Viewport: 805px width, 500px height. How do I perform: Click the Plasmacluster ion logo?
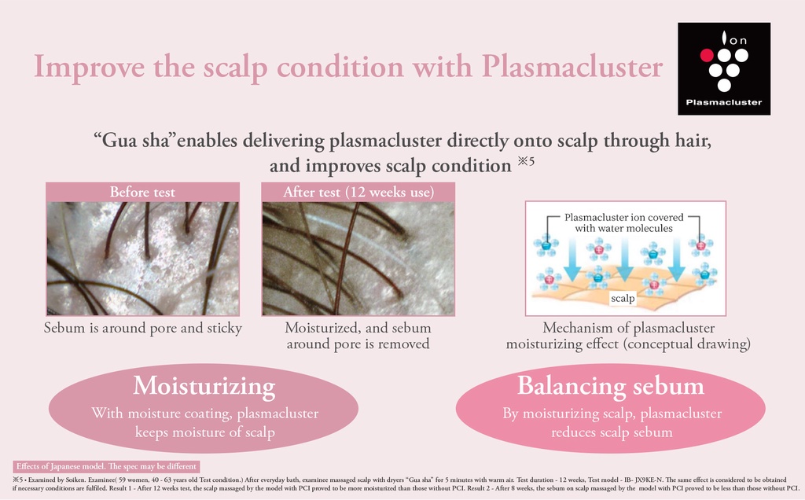point(724,68)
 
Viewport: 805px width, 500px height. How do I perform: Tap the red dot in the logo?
point(707,55)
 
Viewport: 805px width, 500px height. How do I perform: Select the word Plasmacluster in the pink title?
point(572,66)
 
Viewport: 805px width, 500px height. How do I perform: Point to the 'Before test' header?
point(142,192)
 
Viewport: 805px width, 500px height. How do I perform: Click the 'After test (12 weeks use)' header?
point(358,192)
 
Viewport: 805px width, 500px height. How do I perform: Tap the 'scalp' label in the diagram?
point(623,298)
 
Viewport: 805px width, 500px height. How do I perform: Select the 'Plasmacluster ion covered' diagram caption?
point(623,217)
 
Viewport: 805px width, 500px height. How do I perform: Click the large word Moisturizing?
point(204,385)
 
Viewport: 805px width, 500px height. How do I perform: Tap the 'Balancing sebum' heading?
point(610,385)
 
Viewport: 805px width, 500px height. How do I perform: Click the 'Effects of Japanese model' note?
point(106,467)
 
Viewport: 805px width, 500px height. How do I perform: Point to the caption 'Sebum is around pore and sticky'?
point(143,328)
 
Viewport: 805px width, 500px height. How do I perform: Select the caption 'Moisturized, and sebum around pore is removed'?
point(358,336)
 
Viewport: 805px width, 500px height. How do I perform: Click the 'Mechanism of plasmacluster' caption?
point(628,328)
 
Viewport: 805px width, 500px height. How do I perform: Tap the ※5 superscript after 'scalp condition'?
point(526,160)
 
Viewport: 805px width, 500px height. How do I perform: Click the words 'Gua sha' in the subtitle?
point(134,141)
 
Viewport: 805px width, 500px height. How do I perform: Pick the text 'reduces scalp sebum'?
point(612,432)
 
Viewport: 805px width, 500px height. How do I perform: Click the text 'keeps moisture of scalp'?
point(205,432)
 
